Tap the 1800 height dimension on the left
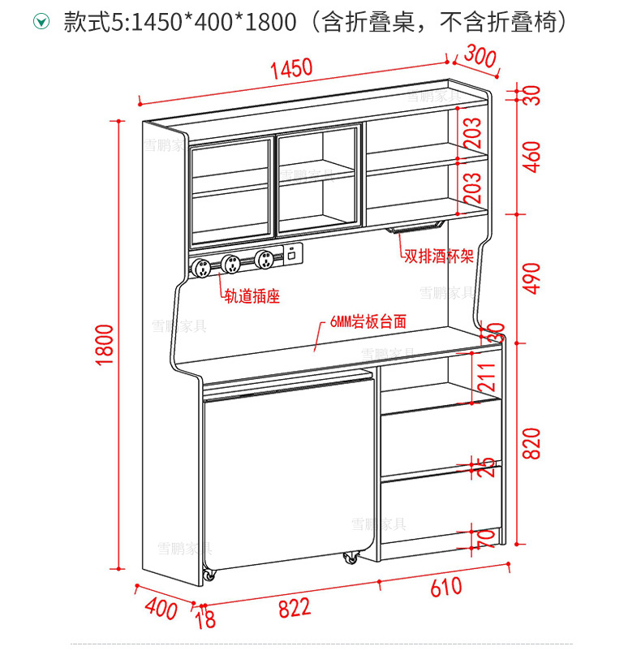click(x=105, y=346)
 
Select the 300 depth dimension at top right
click(x=479, y=58)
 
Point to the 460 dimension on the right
click(x=531, y=157)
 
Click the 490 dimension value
click(x=531, y=278)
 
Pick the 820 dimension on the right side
click(x=531, y=443)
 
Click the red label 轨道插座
click(x=252, y=296)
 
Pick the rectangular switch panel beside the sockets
click(x=290, y=252)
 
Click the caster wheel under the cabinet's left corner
click(x=209, y=575)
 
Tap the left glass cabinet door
click(x=230, y=192)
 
